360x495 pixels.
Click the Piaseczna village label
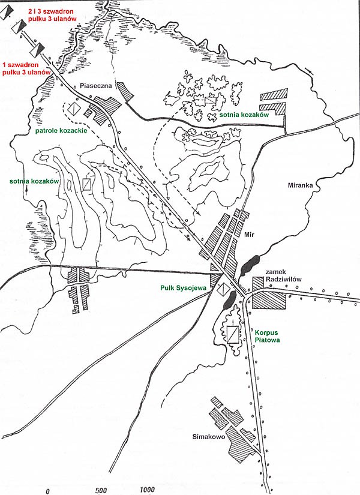(96, 86)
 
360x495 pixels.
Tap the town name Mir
(249, 235)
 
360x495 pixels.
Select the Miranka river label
(300, 185)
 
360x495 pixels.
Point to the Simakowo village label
(209, 437)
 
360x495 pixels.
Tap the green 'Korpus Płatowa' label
(267, 336)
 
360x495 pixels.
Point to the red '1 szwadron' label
(20, 65)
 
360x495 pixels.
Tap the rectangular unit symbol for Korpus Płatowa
(233, 334)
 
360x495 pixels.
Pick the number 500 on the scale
(101, 490)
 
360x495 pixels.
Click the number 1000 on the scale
(147, 490)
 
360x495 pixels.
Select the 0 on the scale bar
(47, 491)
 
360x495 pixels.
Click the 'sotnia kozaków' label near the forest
(244, 115)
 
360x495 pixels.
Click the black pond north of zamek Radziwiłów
(250, 264)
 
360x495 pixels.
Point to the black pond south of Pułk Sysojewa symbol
(230, 300)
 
